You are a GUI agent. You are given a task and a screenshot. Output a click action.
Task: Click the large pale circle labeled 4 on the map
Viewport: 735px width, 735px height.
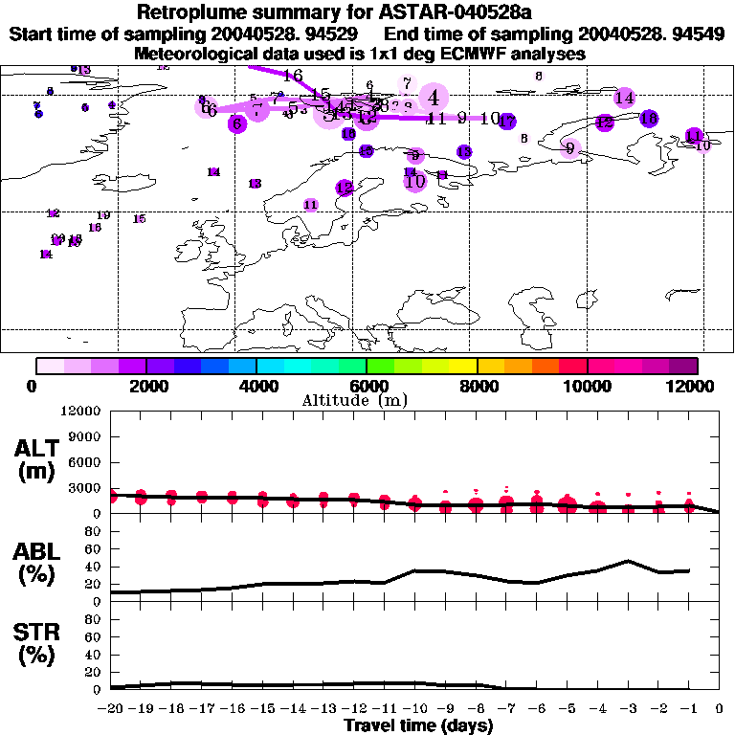point(434,97)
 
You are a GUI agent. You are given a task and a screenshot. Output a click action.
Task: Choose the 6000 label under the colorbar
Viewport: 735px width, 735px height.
point(367,386)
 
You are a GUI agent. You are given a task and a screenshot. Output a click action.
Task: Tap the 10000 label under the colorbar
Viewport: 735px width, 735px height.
point(588,386)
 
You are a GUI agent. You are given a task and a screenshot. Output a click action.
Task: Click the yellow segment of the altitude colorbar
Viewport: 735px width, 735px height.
point(463,366)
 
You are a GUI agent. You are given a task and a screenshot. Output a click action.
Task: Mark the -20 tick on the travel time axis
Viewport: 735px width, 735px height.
point(111,709)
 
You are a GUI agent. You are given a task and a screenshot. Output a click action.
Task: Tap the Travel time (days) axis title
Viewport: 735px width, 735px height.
point(418,725)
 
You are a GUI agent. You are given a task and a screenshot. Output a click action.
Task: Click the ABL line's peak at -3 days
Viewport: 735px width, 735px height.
point(628,561)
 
